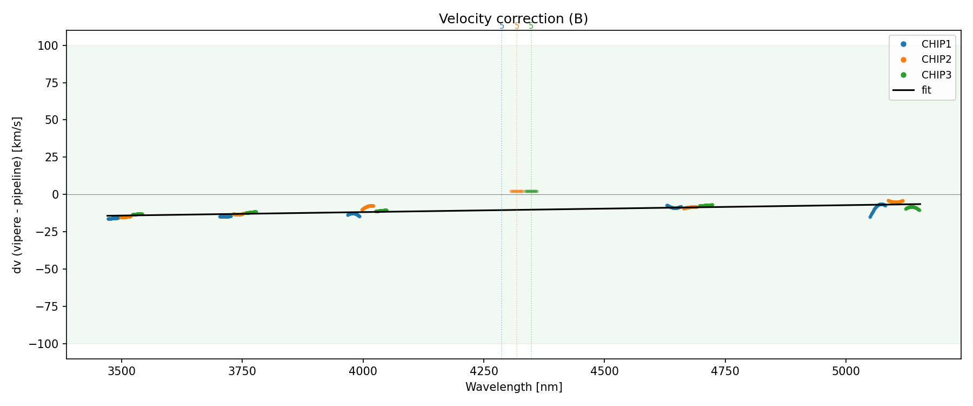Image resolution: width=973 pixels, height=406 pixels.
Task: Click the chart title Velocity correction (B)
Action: (513, 19)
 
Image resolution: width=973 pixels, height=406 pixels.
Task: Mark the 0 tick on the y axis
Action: (55, 194)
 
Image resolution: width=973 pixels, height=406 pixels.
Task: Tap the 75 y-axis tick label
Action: (52, 83)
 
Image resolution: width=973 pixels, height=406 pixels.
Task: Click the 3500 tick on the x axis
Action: (122, 371)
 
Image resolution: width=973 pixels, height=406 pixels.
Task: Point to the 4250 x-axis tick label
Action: (484, 371)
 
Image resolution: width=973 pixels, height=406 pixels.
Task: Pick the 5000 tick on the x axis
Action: (846, 371)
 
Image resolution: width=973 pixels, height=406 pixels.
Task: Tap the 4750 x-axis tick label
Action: (725, 371)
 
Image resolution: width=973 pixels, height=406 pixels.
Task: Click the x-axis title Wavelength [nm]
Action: (514, 387)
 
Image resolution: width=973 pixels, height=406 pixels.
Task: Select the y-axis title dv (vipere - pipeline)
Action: (17, 195)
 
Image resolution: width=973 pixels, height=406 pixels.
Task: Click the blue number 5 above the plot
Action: (502, 26)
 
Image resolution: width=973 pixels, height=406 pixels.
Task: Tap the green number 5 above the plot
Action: (531, 26)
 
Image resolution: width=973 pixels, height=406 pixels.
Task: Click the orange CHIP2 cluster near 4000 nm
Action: (368, 207)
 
